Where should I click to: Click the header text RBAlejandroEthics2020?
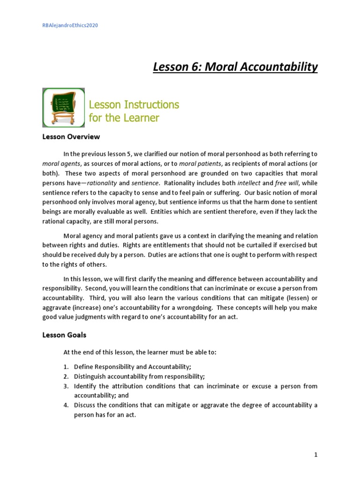pyautogui.click(x=70, y=25)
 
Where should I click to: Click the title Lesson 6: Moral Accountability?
pyautogui.click(x=235, y=67)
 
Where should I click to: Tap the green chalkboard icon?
pyautogui.click(x=63, y=107)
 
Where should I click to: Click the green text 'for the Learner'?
pyautogui.click(x=124, y=118)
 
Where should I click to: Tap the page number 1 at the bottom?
pyautogui.click(x=316, y=441)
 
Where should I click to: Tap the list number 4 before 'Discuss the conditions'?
pyautogui.click(x=66, y=405)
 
